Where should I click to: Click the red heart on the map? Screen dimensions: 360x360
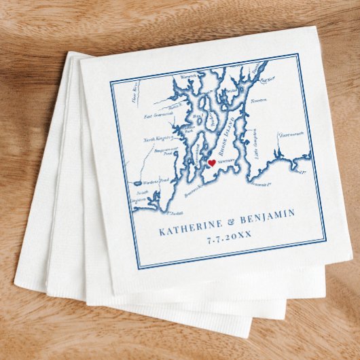click(x=211, y=163)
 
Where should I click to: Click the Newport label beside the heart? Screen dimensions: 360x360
click(x=226, y=163)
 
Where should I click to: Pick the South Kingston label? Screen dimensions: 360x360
click(x=139, y=200)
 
